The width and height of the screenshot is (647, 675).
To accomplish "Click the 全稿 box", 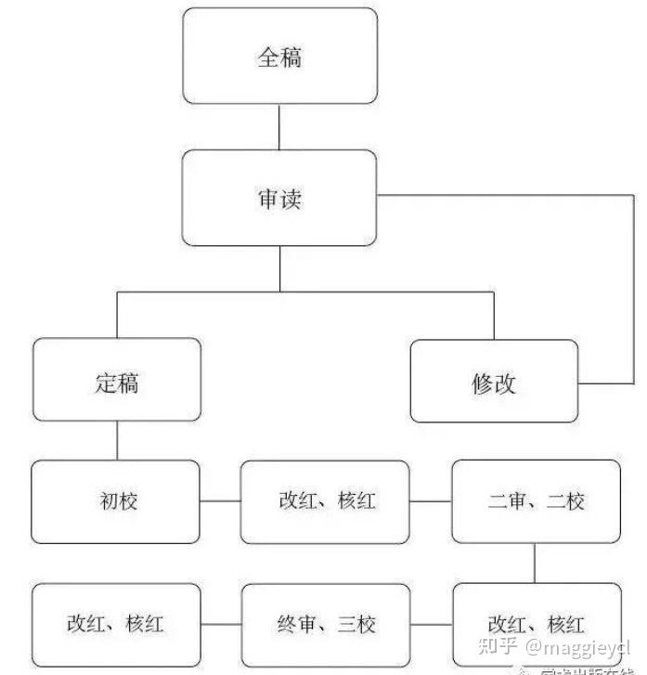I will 279,57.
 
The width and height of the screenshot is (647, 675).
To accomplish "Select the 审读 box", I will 279,198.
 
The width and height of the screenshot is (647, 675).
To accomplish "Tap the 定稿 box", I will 116,381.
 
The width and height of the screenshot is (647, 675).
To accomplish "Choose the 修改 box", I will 493,382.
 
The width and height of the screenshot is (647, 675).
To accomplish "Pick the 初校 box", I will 116,501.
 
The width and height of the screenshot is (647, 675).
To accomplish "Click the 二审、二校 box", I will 536,501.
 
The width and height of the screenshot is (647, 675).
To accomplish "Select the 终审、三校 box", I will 325,624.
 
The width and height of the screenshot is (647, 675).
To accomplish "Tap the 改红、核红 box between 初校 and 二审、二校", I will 325,501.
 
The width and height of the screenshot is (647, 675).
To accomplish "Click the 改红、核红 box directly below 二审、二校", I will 536,624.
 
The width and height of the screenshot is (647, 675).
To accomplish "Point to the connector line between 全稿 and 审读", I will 279,127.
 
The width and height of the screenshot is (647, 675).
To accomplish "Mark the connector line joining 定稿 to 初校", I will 117,442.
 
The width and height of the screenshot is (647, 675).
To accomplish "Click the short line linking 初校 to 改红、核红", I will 220,501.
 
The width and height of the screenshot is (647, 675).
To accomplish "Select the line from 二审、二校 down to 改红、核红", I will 536,563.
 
